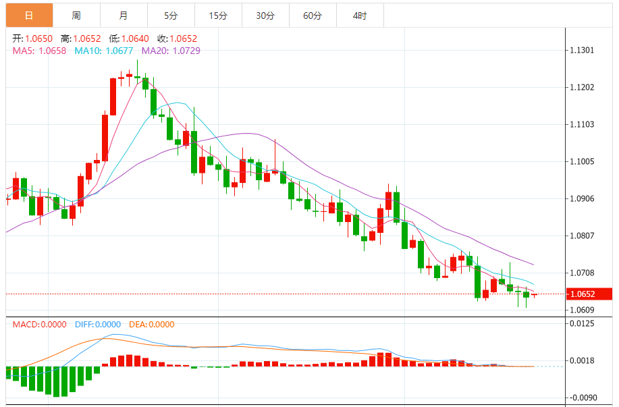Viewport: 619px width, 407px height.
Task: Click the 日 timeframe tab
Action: (28, 15)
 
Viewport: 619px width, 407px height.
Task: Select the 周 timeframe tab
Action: (76, 15)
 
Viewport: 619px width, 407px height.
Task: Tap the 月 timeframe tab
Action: (123, 15)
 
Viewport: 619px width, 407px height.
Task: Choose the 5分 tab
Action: (170, 15)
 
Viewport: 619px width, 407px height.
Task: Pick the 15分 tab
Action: (217, 15)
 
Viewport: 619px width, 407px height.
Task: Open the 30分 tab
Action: (265, 15)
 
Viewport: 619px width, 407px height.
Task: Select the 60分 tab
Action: (312, 15)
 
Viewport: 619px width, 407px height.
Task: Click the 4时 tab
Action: (359, 15)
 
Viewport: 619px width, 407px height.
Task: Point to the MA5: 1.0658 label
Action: (39, 51)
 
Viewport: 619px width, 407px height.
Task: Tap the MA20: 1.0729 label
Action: (170, 51)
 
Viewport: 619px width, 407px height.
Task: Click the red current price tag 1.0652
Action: (589, 294)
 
